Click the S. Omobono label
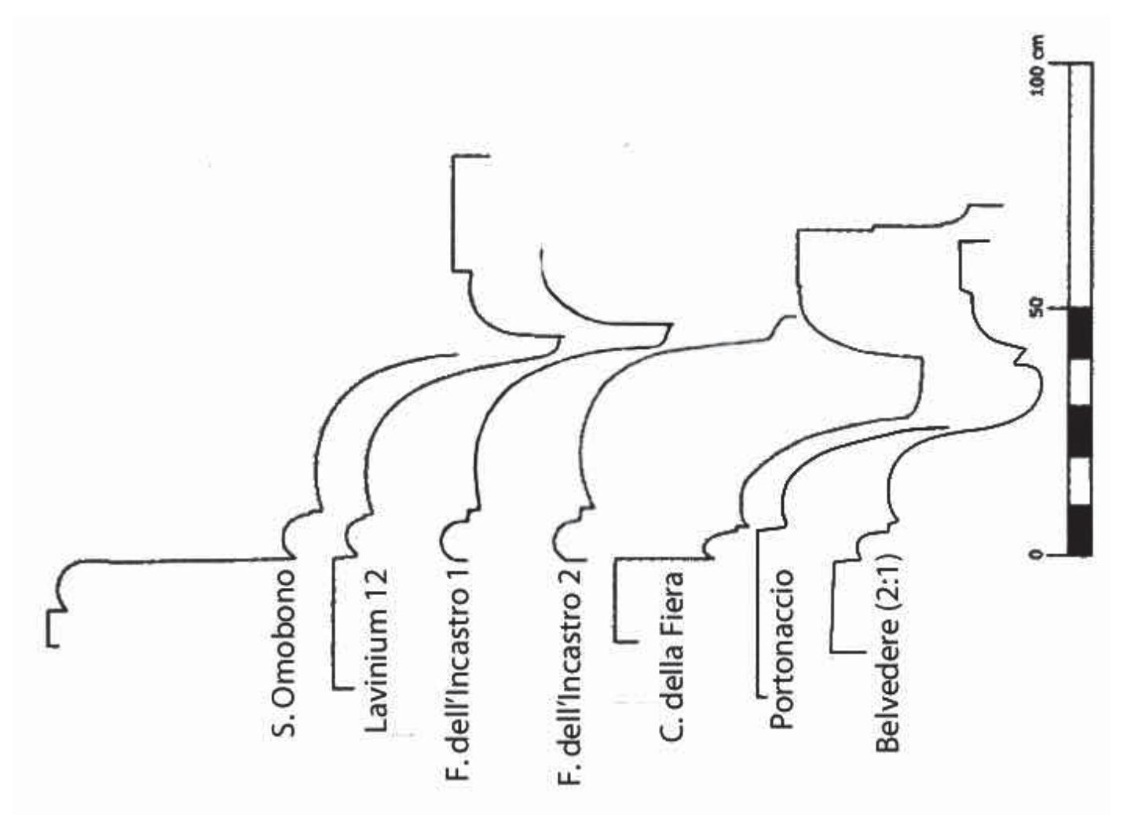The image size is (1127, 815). click(x=285, y=652)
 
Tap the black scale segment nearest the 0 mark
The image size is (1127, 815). click(x=1080, y=530)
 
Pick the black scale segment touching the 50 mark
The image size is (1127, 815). click(x=1080, y=332)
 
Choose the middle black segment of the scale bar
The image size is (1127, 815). click(x=1080, y=431)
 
